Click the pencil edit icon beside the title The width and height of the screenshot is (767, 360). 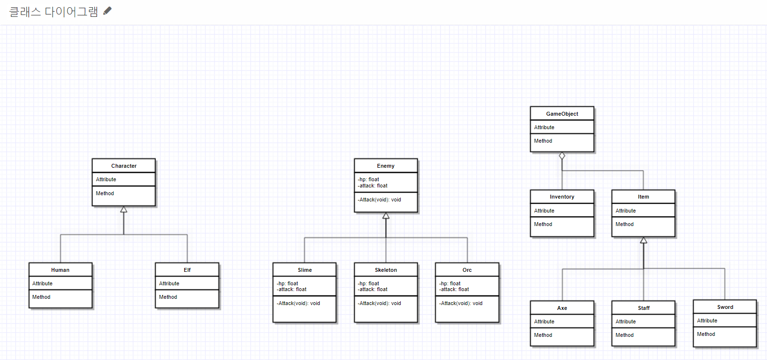(108, 11)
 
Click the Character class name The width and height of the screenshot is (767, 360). (124, 166)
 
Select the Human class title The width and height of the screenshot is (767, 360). (60, 270)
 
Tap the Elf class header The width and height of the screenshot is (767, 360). (187, 270)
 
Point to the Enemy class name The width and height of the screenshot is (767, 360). (386, 166)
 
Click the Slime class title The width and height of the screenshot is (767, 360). (305, 270)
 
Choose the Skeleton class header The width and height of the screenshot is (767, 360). (386, 270)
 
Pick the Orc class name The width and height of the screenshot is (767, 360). (467, 270)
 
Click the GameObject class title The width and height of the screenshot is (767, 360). (562, 114)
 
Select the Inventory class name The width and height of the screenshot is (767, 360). (562, 197)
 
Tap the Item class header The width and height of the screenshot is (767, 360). (644, 197)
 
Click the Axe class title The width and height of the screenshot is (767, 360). (562, 308)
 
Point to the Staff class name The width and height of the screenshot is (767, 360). (644, 308)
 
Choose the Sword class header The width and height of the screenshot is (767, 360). (725, 307)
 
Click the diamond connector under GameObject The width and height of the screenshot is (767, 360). (562, 156)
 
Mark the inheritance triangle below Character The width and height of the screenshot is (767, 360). (124, 210)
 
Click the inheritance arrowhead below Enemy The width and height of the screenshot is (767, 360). (386, 216)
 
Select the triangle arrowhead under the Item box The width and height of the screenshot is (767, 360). (644, 240)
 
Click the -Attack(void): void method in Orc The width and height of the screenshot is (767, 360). (461, 303)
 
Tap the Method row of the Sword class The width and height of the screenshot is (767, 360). (706, 334)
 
